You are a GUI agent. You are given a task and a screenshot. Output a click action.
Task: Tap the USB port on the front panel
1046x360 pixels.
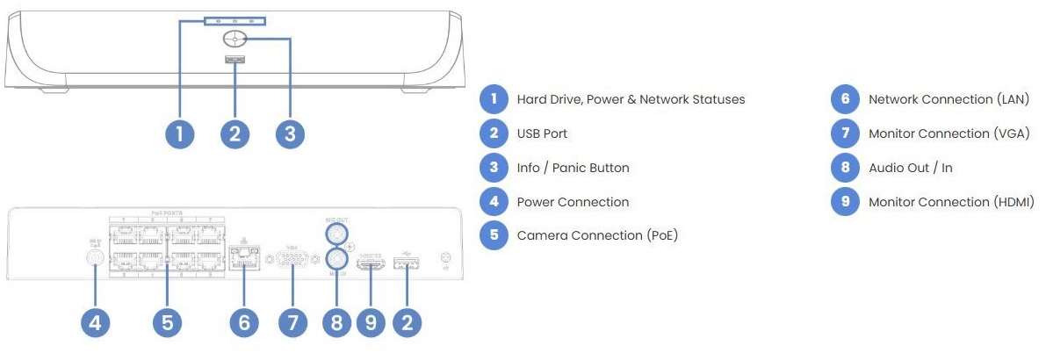click(x=234, y=61)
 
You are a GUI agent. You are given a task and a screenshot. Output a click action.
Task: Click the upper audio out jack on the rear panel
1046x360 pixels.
click(x=335, y=234)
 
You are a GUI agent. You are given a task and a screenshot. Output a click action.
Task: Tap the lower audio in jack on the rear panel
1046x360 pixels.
click(x=335, y=259)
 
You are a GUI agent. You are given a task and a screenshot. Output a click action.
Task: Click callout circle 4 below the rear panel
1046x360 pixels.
click(x=96, y=322)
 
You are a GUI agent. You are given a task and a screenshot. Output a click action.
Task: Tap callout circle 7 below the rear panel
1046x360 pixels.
click(x=292, y=322)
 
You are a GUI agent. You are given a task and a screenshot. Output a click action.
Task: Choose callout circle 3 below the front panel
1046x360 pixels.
click(x=289, y=133)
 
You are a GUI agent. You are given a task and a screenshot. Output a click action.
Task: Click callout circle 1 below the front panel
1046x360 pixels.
click(x=179, y=133)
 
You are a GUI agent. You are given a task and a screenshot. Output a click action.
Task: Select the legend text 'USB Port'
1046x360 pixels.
click(x=542, y=133)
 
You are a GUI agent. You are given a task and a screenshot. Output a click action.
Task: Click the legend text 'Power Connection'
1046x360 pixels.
click(x=573, y=202)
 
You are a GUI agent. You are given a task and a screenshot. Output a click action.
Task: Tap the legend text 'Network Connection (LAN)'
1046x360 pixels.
click(x=948, y=99)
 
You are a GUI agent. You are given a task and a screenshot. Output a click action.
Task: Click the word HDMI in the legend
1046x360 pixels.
click(x=1010, y=202)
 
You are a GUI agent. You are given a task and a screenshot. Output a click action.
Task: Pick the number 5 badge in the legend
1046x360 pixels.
click(x=494, y=235)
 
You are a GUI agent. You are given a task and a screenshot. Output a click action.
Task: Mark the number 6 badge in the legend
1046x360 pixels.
click(x=845, y=99)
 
